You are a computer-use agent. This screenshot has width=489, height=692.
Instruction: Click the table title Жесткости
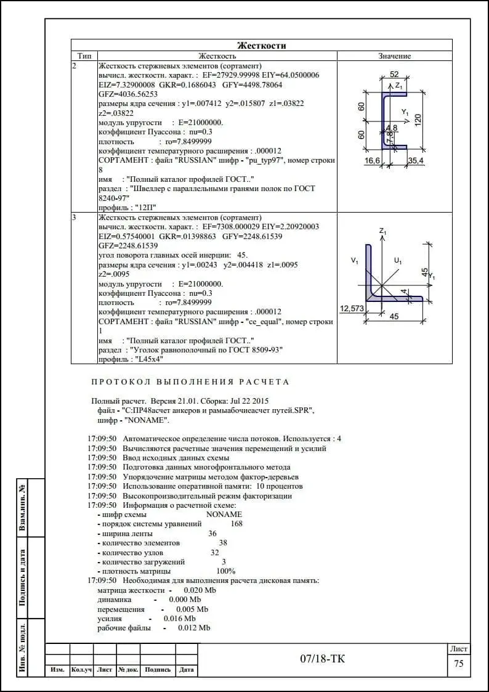(262, 46)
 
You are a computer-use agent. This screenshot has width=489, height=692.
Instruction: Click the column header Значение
(394, 56)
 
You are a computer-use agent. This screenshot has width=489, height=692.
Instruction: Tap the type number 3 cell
(75, 218)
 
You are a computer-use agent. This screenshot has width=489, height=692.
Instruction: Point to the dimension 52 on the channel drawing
(394, 75)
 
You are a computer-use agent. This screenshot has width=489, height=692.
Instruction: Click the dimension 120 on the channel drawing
(418, 120)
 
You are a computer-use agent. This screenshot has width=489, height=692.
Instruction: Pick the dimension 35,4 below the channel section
(416, 161)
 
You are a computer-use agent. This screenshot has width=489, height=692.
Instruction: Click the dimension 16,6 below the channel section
(372, 161)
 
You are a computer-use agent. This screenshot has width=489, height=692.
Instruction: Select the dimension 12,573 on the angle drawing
(352, 308)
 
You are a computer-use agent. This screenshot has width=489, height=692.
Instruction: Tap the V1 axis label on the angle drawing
(355, 261)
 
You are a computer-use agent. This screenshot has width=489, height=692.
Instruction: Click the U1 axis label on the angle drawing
(398, 261)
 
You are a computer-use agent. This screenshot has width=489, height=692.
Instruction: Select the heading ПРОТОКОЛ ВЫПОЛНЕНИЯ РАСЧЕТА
(190, 382)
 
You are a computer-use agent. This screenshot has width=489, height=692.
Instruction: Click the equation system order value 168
(236, 524)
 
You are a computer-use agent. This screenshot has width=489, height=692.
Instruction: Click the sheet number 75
(458, 664)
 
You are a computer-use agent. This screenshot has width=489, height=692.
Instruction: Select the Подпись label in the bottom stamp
(158, 670)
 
